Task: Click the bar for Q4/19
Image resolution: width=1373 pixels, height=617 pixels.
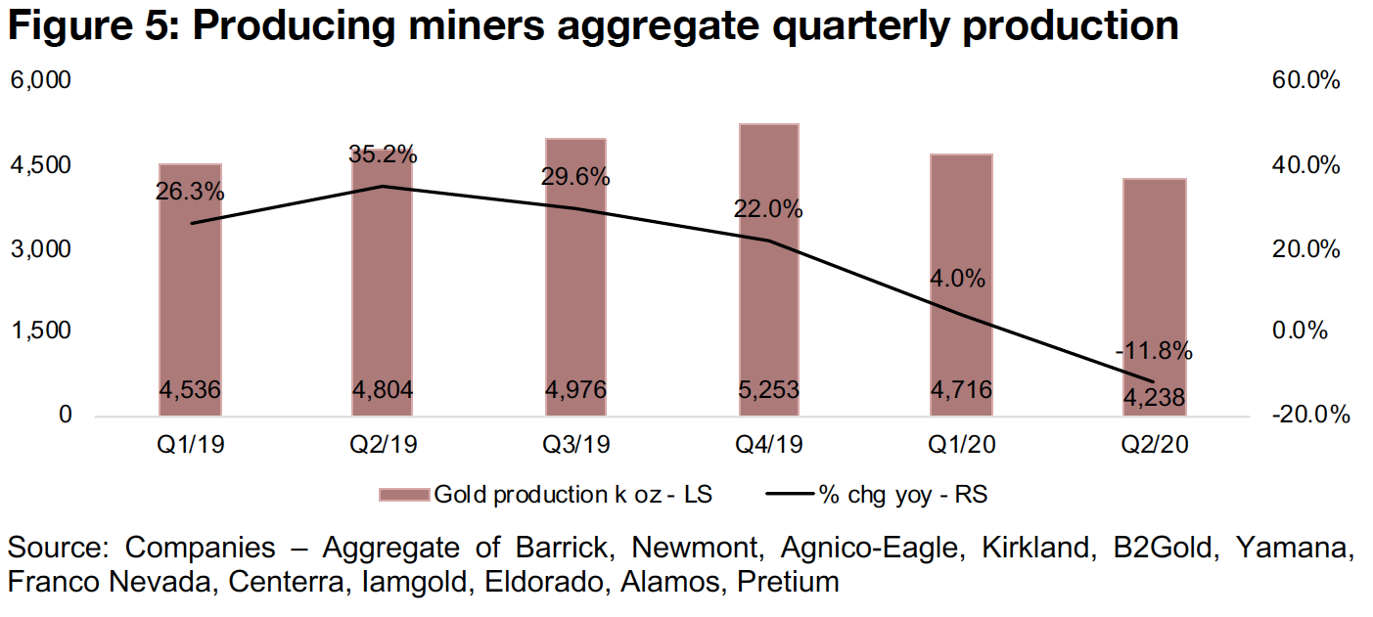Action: click(x=770, y=293)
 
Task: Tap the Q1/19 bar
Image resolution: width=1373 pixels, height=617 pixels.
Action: click(x=190, y=313)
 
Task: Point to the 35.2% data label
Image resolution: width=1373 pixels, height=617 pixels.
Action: click(x=383, y=154)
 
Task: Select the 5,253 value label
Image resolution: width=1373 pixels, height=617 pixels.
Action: click(x=769, y=390)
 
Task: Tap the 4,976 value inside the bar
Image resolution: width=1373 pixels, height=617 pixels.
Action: click(x=575, y=390)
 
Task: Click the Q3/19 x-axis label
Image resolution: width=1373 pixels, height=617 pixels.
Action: click(x=575, y=445)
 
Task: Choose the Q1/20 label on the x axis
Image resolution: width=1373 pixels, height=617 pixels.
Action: click(x=963, y=445)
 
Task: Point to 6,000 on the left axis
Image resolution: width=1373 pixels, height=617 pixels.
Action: click(x=41, y=81)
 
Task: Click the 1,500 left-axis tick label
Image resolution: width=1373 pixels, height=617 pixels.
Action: click(x=41, y=331)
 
